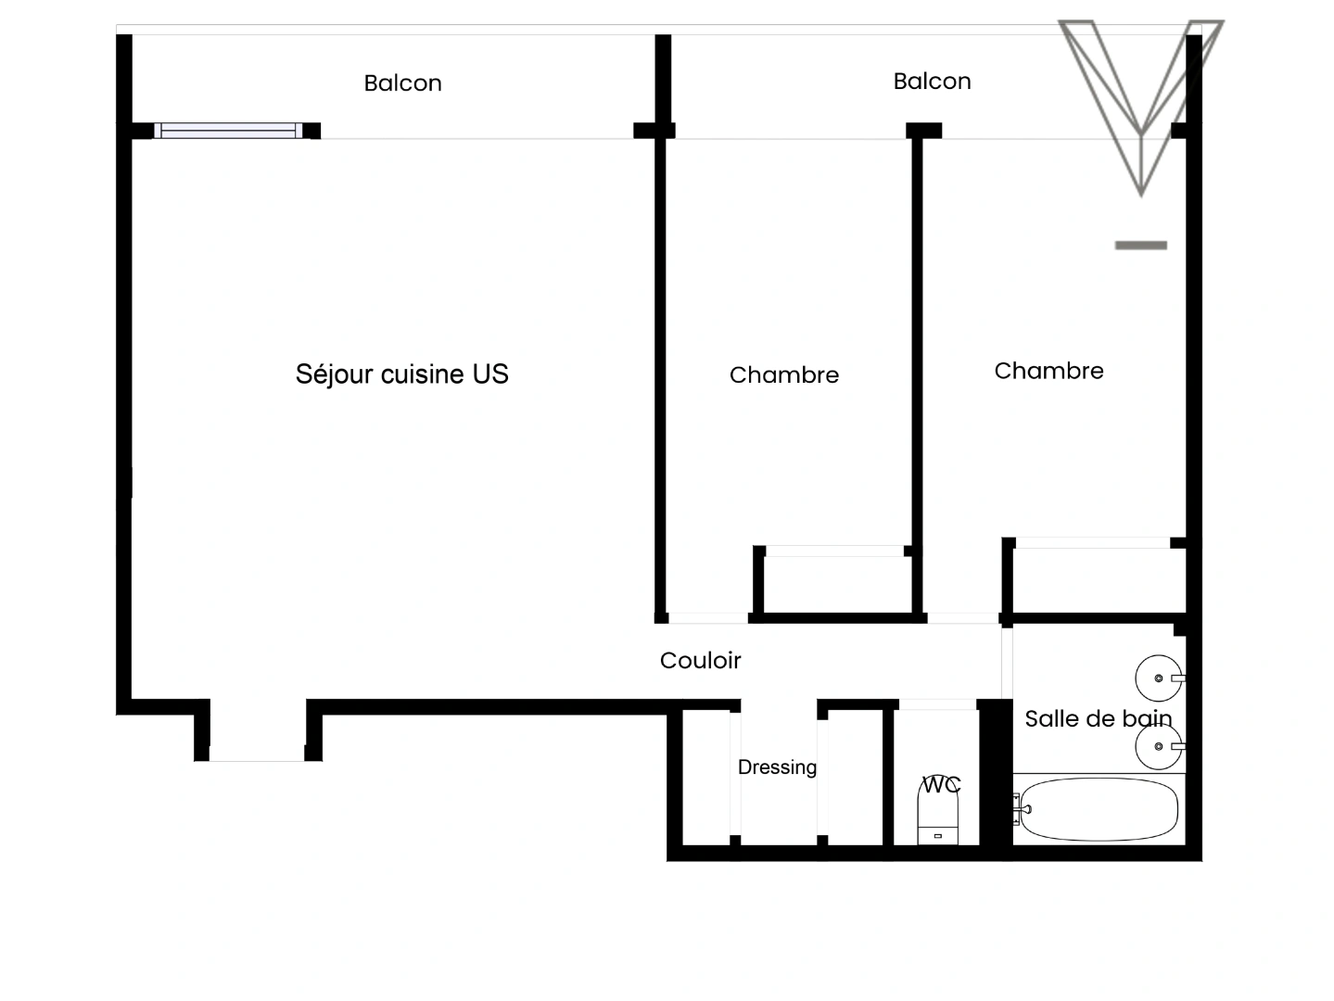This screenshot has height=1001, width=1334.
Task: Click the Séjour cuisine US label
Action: click(401, 374)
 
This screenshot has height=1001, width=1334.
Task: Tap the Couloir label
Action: click(700, 660)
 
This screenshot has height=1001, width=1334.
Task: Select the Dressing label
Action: click(777, 767)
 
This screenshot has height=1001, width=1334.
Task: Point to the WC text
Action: click(941, 784)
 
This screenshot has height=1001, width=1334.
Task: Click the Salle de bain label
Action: click(1098, 718)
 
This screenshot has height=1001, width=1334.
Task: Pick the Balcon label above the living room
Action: click(402, 83)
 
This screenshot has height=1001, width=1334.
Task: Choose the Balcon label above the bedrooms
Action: click(932, 82)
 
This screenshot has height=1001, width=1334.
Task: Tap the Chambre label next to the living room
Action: click(783, 374)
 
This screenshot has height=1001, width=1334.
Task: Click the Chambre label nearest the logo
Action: click(1048, 371)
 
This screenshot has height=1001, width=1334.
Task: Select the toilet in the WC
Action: click(938, 818)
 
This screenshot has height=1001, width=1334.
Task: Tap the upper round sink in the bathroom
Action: click(1159, 678)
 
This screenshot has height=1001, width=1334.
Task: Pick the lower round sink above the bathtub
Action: click(1159, 746)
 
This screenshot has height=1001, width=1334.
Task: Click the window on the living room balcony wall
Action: click(228, 131)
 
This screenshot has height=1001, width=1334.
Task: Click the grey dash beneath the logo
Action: click(1140, 246)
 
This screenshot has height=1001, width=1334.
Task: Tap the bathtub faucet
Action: click(1022, 809)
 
